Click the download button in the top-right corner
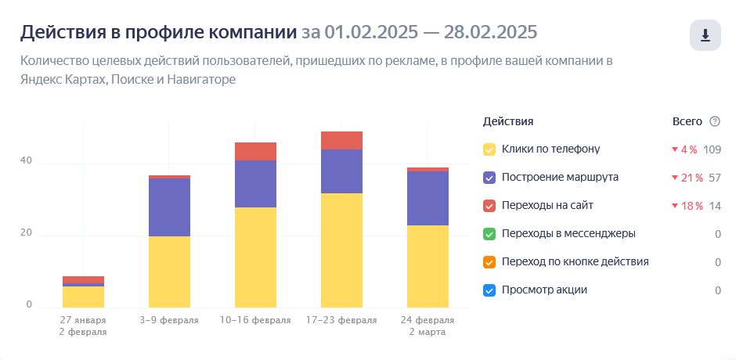coord(705,35)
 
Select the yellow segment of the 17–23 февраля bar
coord(341,250)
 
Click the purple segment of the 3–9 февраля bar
coord(169,207)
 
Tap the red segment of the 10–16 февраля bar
coord(255,151)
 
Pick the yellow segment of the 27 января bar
coord(83,297)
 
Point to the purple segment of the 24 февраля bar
coord(428,198)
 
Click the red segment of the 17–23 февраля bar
coord(341,140)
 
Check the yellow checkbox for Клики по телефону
coord(490,149)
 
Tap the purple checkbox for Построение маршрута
coord(490,178)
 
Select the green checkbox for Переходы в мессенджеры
coord(490,234)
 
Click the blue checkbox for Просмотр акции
coord(490,290)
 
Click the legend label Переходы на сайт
coord(547,205)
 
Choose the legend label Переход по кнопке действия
coord(575,261)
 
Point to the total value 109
coord(712,149)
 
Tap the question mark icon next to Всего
coord(714,121)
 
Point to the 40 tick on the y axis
coord(27,161)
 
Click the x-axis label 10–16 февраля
coord(255,320)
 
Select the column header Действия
coord(508,121)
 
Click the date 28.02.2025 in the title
coord(490,32)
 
